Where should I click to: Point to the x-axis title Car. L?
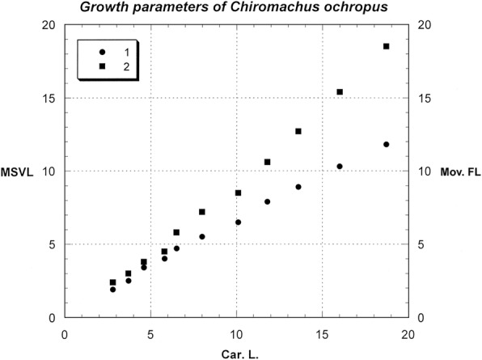239,353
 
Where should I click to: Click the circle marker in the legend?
103,52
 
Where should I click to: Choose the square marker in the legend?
103,65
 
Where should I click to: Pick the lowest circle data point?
113,290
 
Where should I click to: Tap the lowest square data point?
113,282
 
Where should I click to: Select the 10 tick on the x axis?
237,332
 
